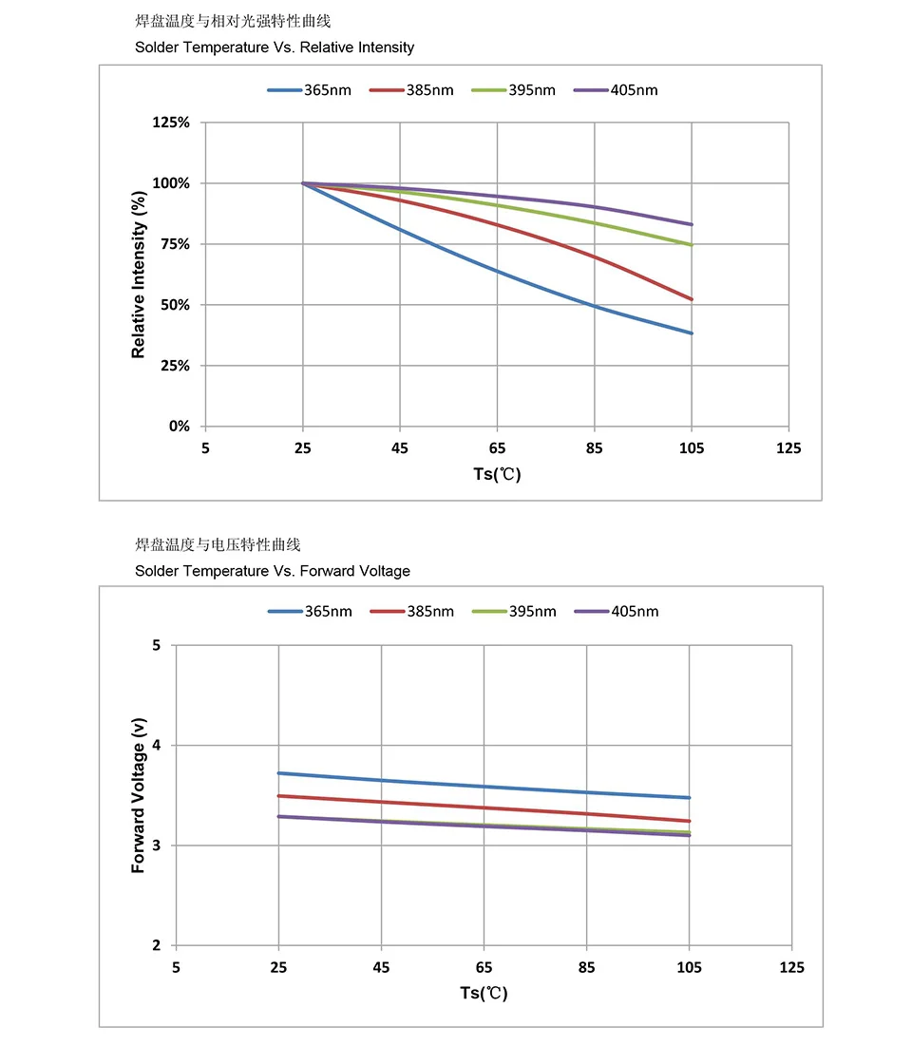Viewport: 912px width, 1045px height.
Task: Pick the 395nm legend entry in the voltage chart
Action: (x=514, y=611)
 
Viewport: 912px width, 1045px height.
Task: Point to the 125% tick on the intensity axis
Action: (x=173, y=123)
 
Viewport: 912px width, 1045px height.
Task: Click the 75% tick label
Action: (x=176, y=244)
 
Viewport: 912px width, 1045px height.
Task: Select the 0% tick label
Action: (x=180, y=426)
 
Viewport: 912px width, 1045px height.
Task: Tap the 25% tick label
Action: (x=176, y=365)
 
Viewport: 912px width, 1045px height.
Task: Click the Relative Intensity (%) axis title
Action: (x=139, y=274)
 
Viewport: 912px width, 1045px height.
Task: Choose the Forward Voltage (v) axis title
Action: (x=139, y=795)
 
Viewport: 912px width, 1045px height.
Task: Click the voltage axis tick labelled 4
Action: (x=157, y=746)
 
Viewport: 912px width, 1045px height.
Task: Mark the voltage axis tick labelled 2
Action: (x=157, y=945)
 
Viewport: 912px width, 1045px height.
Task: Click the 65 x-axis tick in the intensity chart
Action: (x=497, y=448)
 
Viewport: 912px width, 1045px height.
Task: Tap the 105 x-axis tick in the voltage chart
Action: (x=689, y=967)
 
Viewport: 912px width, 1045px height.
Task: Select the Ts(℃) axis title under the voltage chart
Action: (x=484, y=993)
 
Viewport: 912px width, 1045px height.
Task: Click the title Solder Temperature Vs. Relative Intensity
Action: (x=275, y=47)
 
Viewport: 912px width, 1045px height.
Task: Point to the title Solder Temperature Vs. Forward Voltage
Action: (x=273, y=571)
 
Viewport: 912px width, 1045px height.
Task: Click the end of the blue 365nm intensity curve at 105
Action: (x=692, y=333)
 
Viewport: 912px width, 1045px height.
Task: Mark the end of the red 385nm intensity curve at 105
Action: (x=692, y=299)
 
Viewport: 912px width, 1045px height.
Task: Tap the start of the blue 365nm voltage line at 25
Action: (x=278, y=773)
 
